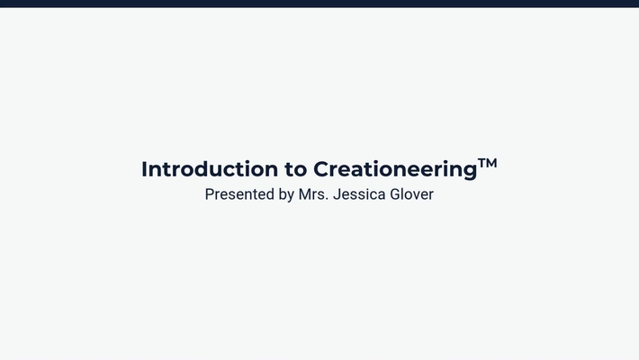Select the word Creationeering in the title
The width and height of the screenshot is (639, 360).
pos(394,169)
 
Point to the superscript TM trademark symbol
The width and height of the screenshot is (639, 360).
pos(487,163)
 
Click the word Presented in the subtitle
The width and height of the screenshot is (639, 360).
pos(238,194)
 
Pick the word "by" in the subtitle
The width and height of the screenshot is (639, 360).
pos(285,194)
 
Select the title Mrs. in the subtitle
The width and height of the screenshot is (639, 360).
pos(313,194)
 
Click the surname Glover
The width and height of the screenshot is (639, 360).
pos(411,194)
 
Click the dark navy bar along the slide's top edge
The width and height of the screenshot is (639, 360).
pos(319,4)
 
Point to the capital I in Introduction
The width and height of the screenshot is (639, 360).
pos(145,169)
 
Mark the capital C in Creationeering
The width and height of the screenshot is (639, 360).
pos(321,169)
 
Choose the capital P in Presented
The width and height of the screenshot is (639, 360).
pos(210,194)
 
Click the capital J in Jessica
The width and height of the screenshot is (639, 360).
pos(337,194)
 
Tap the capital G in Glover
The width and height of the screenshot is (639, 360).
pos(395,194)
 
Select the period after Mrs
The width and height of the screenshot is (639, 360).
pos(327,199)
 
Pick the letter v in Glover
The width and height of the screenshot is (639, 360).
pos(416,195)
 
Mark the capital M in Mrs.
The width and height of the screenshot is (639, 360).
pos(305,194)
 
